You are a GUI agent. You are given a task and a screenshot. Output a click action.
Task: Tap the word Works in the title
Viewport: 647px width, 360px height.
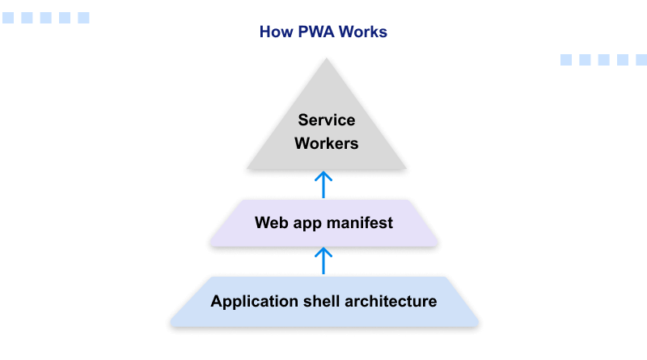tap(363, 32)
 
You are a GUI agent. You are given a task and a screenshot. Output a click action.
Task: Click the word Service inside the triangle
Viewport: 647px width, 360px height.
tap(326, 121)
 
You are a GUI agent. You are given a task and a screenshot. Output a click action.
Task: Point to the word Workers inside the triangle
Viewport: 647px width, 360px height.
tap(326, 144)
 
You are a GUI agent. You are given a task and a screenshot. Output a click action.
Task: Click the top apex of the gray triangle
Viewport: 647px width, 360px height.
tap(325, 60)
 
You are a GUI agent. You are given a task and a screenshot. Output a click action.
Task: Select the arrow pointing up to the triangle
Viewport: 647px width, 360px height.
tap(323, 184)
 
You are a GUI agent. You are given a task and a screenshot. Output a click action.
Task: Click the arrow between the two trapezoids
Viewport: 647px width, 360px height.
tap(323, 260)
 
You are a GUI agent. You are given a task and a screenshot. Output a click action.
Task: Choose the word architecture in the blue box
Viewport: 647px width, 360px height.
tap(391, 302)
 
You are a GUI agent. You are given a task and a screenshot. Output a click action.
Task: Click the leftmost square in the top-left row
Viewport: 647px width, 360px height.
tap(8, 18)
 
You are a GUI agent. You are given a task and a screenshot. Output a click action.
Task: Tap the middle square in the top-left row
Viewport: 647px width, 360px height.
tap(45, 18)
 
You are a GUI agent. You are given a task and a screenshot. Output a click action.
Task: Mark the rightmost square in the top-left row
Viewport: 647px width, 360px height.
tap(83, 18)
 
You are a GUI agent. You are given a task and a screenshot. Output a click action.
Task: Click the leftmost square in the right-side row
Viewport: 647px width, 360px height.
tap(566, 60)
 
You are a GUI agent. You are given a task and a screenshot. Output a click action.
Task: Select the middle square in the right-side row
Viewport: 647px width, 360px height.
tap(603, 60)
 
